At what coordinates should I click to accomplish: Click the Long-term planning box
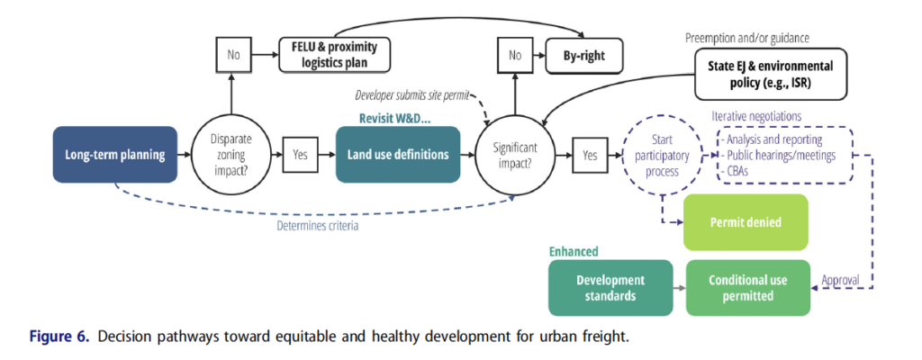[115, 155]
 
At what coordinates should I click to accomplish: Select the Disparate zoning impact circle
[232, 155]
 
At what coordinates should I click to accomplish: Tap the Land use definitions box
[398, 155]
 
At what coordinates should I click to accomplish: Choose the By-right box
[584, 56]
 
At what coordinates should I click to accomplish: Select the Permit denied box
[746, 221]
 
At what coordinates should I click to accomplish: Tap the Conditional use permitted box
[746, 288]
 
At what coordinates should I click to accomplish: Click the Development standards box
[611, 288]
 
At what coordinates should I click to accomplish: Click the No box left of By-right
[514, 56]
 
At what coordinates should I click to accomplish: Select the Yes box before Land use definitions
[301, 155]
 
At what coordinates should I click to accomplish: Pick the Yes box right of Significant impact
[590, 155]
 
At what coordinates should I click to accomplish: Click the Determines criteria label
[317, 226]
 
